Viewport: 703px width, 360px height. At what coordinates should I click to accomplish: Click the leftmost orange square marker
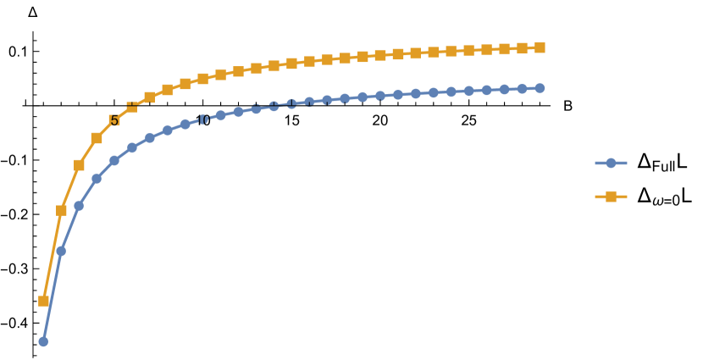43,301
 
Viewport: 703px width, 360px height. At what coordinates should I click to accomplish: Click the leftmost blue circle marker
43,341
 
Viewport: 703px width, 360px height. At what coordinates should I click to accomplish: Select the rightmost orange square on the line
540,47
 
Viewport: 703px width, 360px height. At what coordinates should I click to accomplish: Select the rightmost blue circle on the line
540,88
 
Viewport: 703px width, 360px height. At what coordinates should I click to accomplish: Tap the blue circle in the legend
611,163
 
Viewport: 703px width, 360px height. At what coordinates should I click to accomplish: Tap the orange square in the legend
611,197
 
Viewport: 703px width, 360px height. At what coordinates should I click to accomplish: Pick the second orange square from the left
61,210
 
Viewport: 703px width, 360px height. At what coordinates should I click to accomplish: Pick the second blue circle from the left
61,251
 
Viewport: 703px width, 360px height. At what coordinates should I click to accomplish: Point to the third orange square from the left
79,165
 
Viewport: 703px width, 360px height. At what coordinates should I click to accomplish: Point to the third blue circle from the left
79,206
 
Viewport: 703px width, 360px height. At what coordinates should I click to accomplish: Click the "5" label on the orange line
113,121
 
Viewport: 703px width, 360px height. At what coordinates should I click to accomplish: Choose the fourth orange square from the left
97,138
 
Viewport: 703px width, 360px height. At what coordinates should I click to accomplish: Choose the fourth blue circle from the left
97,179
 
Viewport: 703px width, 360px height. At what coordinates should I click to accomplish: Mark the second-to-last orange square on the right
522,48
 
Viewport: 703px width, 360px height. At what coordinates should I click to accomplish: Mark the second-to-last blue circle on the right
522,89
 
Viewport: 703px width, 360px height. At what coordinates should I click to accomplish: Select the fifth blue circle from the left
114,160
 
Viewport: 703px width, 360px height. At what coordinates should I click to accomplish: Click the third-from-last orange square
504,49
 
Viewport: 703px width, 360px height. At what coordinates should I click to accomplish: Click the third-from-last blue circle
504,89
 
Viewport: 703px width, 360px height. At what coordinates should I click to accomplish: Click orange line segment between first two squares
53,254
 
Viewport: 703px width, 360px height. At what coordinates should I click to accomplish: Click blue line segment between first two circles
53,295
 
